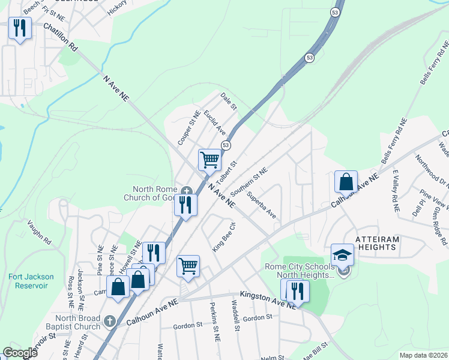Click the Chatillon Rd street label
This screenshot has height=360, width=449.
pos(61,37)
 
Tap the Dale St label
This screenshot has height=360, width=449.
pos(229,101)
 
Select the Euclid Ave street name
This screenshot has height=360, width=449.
pos(214,122)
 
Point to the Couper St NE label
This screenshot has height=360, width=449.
pos(188,127)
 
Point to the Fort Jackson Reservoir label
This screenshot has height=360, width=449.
pos(31,281)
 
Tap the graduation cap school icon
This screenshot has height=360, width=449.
pos(342,254)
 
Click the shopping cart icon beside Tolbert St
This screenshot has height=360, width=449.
pos(210,160)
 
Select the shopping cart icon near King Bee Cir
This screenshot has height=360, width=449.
pos(188,266)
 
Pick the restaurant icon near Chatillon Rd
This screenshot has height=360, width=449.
pos(20,28)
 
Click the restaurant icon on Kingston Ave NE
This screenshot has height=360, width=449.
pos(297,291)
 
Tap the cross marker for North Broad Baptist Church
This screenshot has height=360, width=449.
pos(109,321)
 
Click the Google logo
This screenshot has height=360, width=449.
pos(20,353)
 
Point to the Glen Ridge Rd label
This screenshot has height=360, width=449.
pos(436,223)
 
